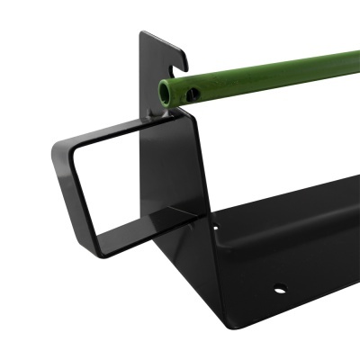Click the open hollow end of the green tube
(x=166, y=90)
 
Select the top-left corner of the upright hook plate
(x=142, y=33)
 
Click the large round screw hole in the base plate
(x=280, y=290)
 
